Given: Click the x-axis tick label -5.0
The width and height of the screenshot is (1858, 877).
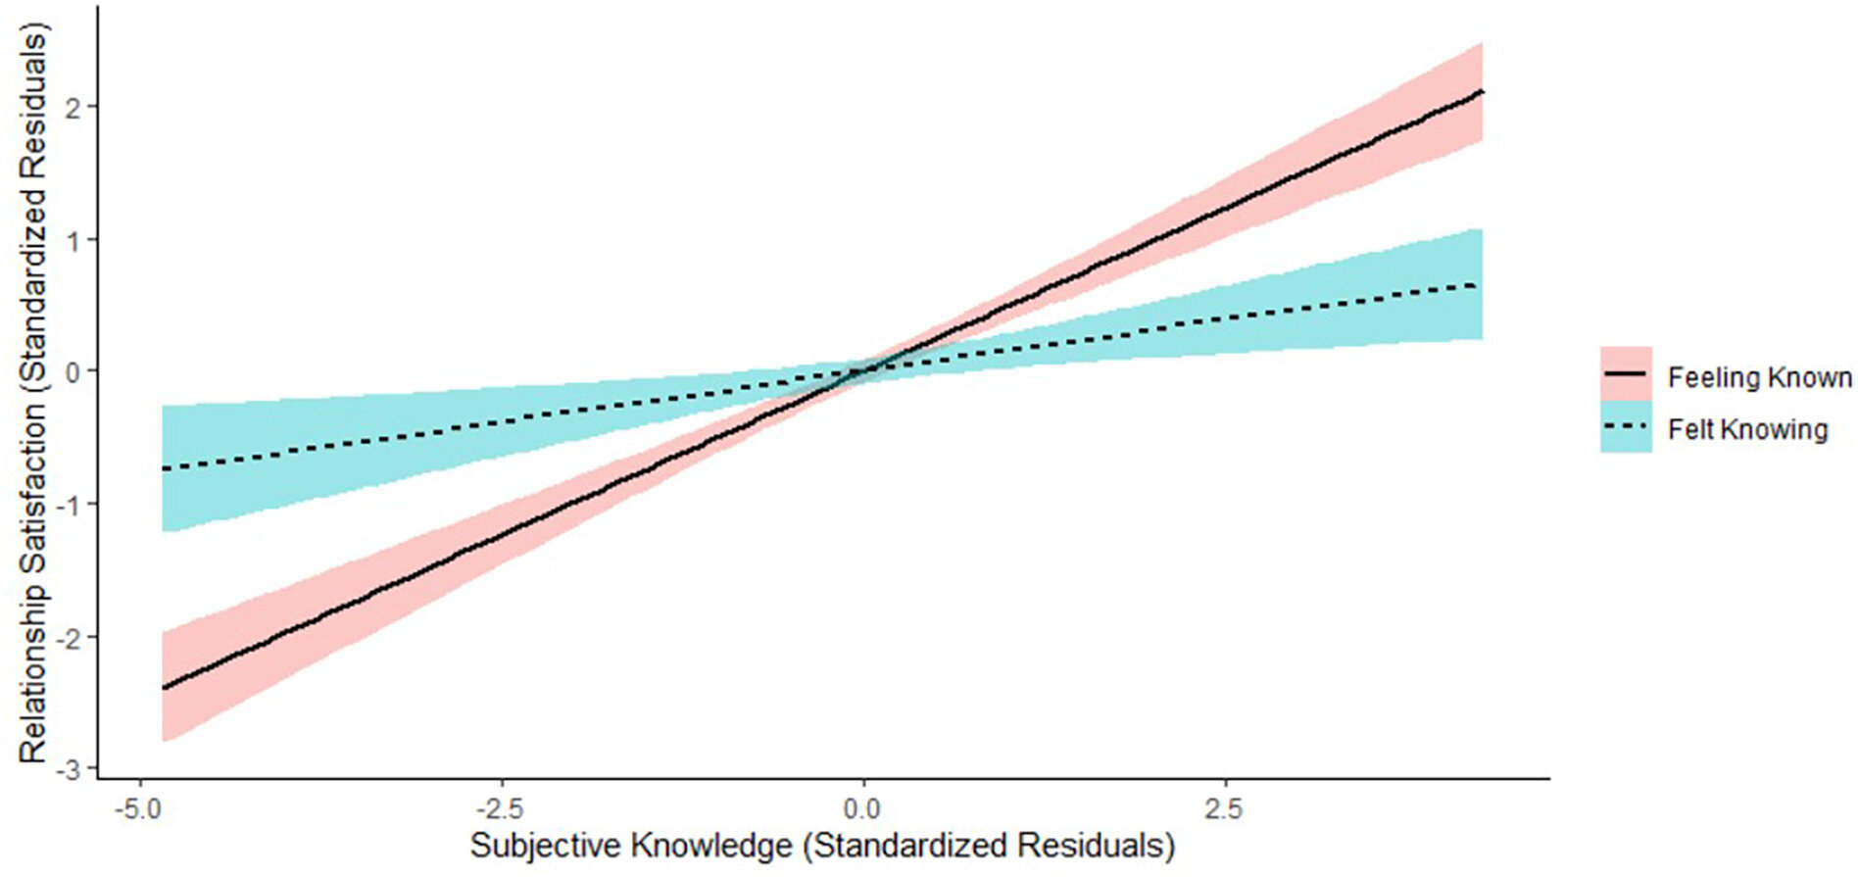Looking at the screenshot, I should coord(140,809).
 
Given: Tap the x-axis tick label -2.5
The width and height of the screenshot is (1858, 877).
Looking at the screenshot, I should coord(502,809).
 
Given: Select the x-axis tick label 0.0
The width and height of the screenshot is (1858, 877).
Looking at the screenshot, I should coord(863,809).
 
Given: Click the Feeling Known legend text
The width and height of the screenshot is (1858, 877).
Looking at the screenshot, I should coord(1759,378).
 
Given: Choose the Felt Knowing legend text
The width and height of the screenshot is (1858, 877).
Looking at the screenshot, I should coord(1747,430).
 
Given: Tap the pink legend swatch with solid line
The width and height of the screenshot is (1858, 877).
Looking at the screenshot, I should coord(1626,374).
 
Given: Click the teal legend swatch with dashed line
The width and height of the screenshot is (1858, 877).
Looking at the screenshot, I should coord(1626,427).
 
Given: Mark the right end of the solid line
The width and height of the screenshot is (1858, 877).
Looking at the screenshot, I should coord(1482,91).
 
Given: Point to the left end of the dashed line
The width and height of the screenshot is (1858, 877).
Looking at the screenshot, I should coord(163,469).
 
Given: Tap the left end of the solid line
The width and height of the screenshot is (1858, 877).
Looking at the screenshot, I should coord(163,688).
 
